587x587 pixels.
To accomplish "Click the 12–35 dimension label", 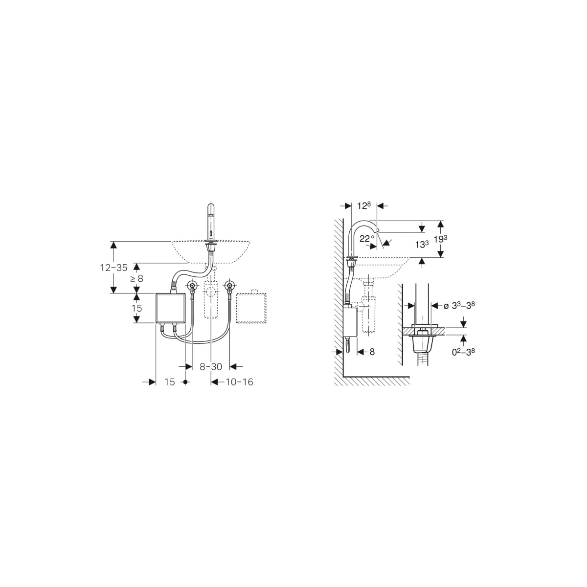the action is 113,268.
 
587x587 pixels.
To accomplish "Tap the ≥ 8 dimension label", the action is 137,278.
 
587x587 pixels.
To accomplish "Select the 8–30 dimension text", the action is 211,366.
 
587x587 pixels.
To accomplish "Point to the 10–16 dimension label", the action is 239,382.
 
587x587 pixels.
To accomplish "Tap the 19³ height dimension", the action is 441,239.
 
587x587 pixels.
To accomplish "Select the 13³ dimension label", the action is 422,244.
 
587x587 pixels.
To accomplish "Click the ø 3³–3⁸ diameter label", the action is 459,306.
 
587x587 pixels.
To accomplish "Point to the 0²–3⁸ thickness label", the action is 463,352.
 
